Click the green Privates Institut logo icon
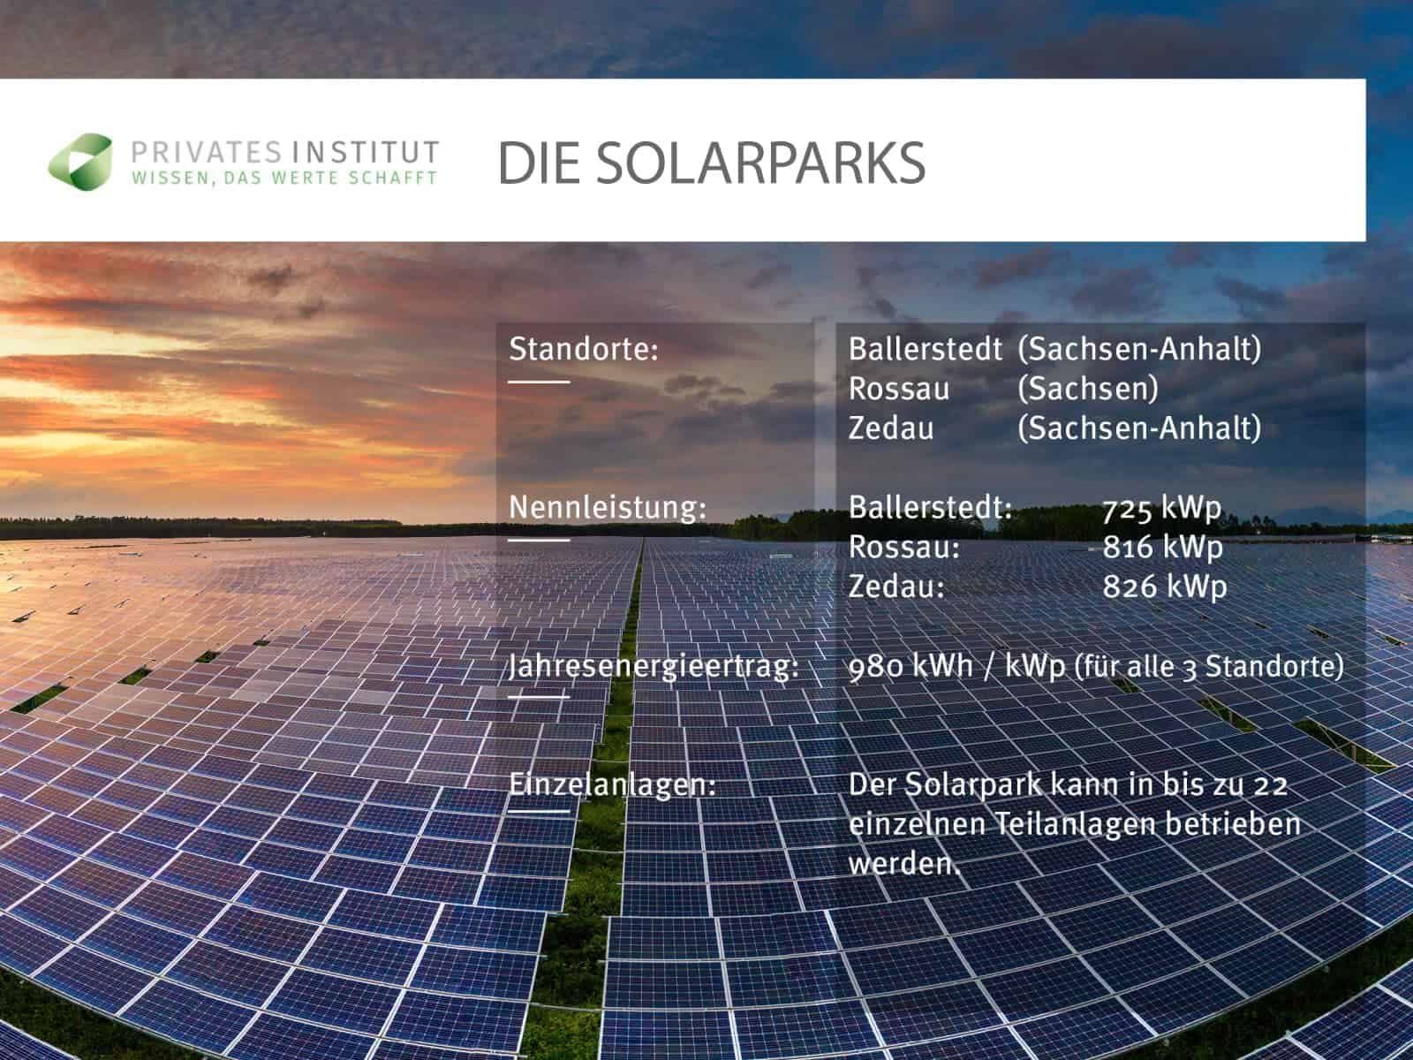point(81,162)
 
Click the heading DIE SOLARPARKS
point(711,163)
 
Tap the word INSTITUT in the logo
point(366,153)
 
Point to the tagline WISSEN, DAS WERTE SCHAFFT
point(285,178)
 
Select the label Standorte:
point(583,349)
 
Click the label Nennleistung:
point(608,508)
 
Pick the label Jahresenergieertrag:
point(654,666)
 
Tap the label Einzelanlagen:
point(612,784)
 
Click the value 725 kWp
point(1162,509)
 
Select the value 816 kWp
point(1162,548)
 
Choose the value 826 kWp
point(1165,587)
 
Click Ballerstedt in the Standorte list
point(925,349)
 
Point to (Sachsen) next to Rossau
point(1088,388)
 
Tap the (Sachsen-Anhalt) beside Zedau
point(1139,428)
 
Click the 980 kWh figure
point(911,666)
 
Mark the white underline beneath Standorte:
point(539,382)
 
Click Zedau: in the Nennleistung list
point(896,587)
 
